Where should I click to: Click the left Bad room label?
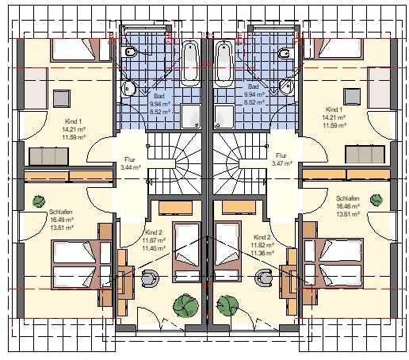click(x=159, y=96)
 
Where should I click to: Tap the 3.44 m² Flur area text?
click(x=131, y=167)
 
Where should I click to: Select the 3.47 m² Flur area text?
click(x=282, y=163)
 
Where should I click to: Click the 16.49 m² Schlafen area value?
click(x=62, y=220)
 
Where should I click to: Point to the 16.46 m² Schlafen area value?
click(x=348, y=206)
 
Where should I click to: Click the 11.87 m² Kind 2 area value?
click(x=154, y=240)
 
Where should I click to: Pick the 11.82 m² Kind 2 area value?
click(x=262, y=245)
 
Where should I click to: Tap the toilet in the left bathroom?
click(x=129, y=52)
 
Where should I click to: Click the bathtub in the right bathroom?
click(x=224, y=63)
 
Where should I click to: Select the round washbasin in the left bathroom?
click(x=128, y=88)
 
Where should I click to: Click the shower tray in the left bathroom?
click(x=191, y=117)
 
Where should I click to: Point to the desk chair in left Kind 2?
click(x=150, y=278)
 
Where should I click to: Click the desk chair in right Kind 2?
click(x=263, y=277)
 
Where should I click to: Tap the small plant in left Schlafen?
click(x=39, y=201)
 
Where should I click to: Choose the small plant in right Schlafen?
click(x=377, y=200)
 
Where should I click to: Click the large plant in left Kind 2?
click(x=185, y=305)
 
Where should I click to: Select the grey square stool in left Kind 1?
click(x=62, y=98)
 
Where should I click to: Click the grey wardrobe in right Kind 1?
click(x=365, y=154)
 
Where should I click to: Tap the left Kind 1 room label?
click(x=74, y=121)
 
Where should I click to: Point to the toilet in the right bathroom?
click(x=286, y=53)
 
